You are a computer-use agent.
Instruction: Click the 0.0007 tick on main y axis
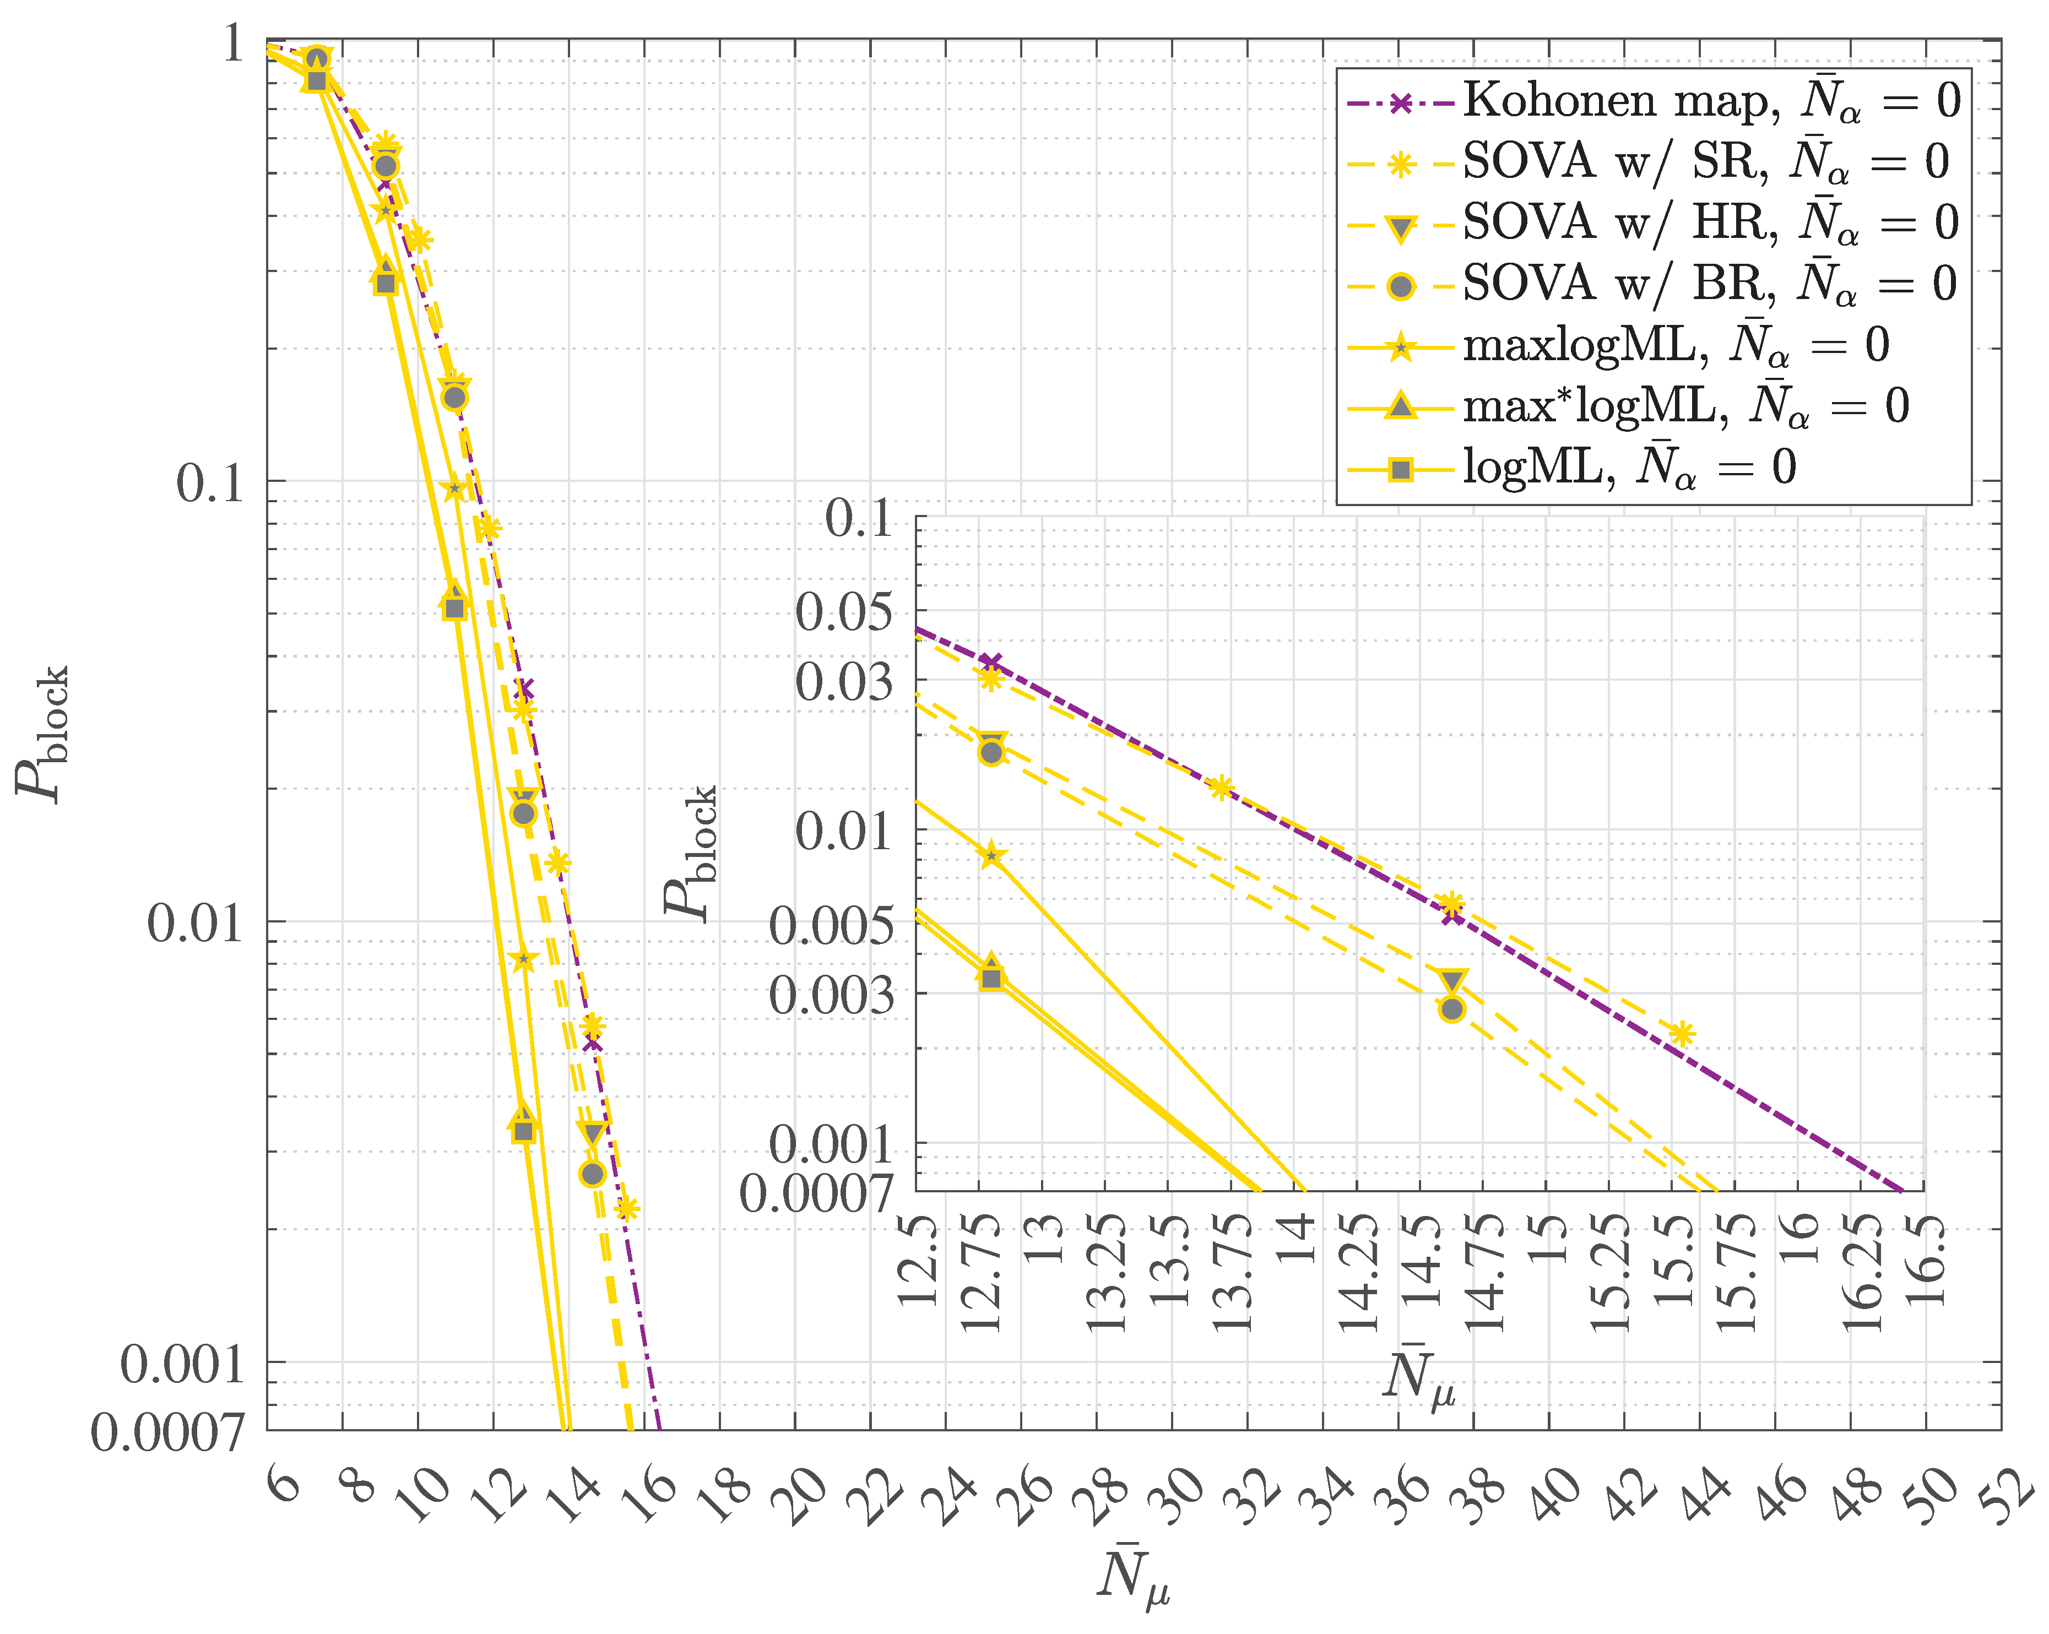coord(167,1432)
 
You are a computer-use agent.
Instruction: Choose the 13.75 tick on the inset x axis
coord(1233,1273)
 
